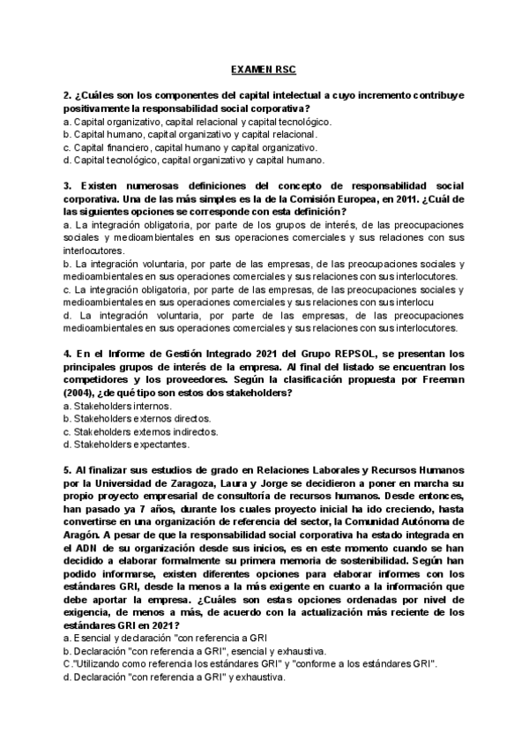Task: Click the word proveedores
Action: (x=193, y=380)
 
